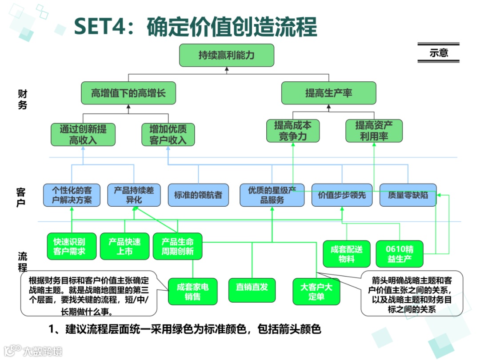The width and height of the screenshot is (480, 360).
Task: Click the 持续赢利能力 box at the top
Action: coord(226,55)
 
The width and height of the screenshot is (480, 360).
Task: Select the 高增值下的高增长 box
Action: coord(128,93)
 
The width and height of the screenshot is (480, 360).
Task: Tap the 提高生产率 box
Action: coord(328,93)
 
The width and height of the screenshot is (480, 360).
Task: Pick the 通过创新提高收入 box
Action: coord(83,135)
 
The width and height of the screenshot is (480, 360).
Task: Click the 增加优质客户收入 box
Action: coord(168,135)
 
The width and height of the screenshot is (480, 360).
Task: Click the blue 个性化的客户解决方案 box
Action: coord(72,195)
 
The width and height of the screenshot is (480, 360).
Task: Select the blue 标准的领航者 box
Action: coord(198,195)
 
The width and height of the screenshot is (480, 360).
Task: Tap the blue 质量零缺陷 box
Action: coord(408,195)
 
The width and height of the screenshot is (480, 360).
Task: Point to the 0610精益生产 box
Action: coord(400,254)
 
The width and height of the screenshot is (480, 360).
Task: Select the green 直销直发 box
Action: coord(252,287)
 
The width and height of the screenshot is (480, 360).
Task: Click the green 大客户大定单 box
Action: coord(316,292)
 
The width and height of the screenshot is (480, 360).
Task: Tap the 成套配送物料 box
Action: coord(346,254)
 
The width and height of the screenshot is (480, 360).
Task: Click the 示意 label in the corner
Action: coord(438,53)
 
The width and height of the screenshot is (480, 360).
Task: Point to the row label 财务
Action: coord(22,99)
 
